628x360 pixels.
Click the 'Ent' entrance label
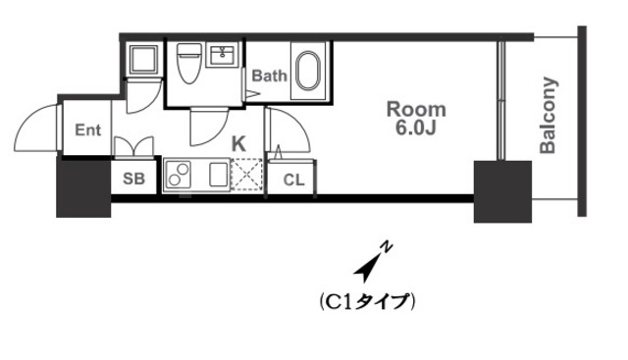(88, 129)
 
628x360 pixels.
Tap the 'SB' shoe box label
(134, 179)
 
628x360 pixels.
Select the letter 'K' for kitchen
(238, 143)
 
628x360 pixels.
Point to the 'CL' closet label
(293, 180)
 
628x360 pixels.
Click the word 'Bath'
(269, 76)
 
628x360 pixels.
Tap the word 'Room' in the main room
(415, 109)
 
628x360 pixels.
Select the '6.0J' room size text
(415, 128)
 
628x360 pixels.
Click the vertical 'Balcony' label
(549, 116)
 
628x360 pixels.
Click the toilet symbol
(189, 66)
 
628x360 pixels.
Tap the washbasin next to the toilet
(225, 54)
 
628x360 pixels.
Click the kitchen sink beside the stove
(216, 177)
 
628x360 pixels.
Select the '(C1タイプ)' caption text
(369, 301)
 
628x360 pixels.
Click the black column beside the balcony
(502, 190)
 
